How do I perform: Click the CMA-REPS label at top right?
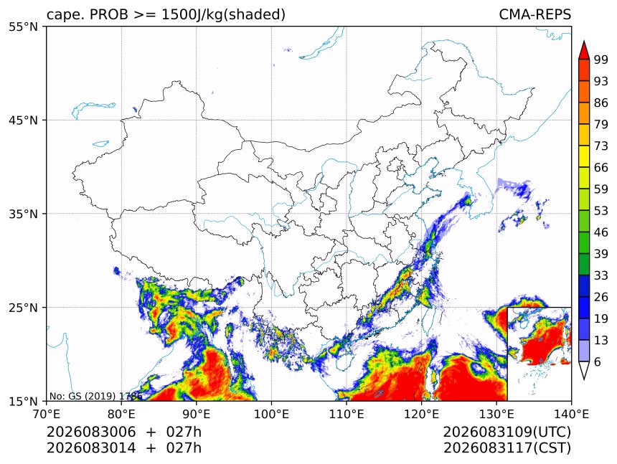click(x=534, y=14)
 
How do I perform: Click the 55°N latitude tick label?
click(x=23, y=27)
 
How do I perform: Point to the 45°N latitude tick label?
click(x=23, y=120)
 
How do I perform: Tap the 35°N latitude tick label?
click(x=23, y=214)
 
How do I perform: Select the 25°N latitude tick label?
click(x=23, y=308)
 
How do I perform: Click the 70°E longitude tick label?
click(x=47, y=414)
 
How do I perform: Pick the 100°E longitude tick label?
click(x=271, y=414)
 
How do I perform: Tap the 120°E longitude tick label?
click(x=421, y=414)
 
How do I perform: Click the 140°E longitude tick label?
click(x=571, y=414)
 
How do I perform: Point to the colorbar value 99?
click(x=601, y=60)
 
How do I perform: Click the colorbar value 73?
click(x=601, y=146)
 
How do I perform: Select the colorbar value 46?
click(x=601, y=232)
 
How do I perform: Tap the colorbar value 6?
click(x=598, y=361)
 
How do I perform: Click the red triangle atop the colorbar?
click(x=584, y=51)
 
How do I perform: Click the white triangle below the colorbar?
click(x=584, y=370)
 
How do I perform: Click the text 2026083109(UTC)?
click(x=507, y=432)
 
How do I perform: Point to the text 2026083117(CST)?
click(x=507, y=448)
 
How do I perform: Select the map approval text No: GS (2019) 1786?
click(x=95, y=396)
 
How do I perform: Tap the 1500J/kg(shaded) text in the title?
click(x=224, y=14)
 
